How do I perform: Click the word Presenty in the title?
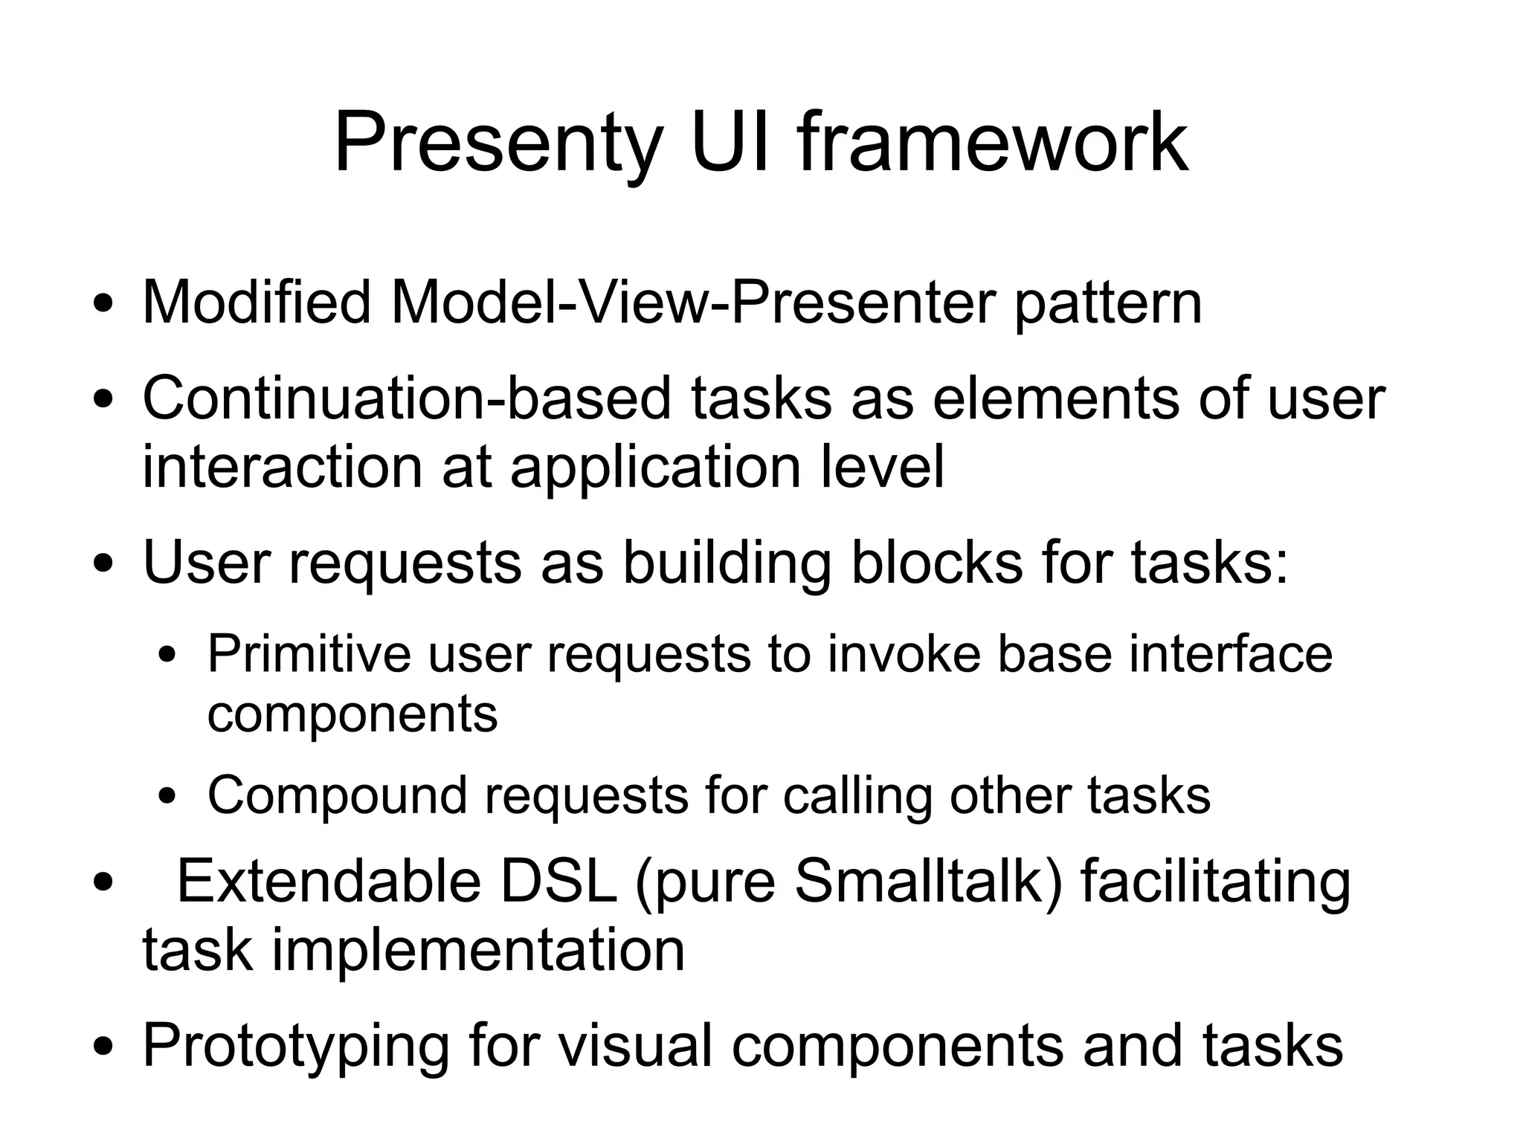pos(498,143)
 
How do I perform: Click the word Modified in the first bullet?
pos(256,303)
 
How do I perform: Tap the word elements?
pos(1055,398)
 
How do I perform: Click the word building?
pos(726,564)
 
